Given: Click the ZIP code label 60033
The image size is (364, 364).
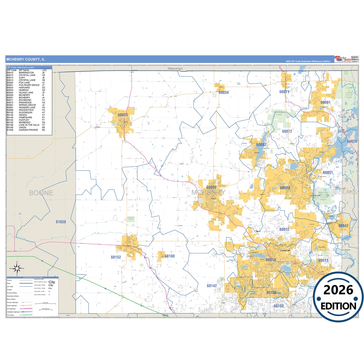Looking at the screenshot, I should coord(123,115).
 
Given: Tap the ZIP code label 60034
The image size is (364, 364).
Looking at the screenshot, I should coord(223,92).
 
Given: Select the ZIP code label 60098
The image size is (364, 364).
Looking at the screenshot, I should coord(211,187).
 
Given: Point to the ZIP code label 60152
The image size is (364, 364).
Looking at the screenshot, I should coord(116,257).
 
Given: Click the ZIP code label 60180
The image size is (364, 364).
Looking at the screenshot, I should coord(170,256).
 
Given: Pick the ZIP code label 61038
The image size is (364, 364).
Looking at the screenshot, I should coord(61,222).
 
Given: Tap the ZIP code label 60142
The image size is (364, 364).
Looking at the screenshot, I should coord(212,286).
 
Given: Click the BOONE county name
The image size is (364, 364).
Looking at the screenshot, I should coord(41,193).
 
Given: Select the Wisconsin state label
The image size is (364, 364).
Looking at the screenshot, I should coord(175,69).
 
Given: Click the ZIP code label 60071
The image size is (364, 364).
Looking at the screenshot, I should coord(284,92).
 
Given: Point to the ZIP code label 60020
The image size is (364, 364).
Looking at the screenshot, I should coord(352,141).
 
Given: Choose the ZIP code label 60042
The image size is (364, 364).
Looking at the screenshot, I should coord(343,226).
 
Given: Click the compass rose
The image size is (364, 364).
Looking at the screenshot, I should coord(17,269).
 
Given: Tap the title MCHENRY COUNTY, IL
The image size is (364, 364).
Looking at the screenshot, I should coord(25,59).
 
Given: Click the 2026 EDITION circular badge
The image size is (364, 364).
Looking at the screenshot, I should coord(338,297).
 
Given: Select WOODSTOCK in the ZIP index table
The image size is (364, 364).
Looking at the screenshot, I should coord(26,110).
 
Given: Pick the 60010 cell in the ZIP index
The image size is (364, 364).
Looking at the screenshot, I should coord(10,73).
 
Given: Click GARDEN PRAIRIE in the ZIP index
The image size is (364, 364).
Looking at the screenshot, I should coord(28,130).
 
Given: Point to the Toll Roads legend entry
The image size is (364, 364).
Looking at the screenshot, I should coord(11,315).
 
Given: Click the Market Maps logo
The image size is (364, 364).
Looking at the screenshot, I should coord(342,59).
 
